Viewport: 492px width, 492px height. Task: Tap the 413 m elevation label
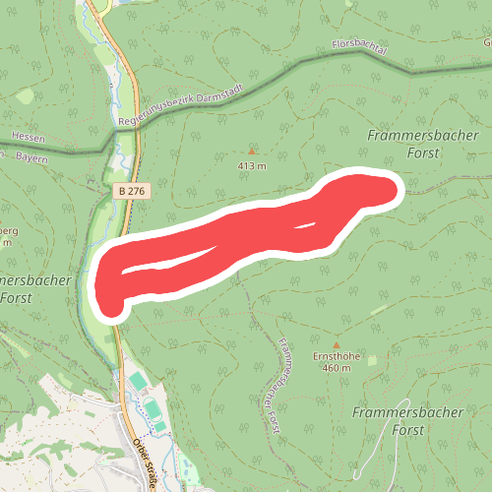(x=252, y=166)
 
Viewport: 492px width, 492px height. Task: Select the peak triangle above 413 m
(x=252, y=152)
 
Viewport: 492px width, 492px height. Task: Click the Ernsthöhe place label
(x=335, y=355)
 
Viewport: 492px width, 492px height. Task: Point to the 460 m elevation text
(x=336, y=368)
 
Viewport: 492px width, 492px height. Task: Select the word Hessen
(x=29, y=137)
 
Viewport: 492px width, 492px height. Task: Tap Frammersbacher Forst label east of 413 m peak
(x=404, y=144)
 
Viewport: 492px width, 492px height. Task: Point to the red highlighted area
(x=246, y=236)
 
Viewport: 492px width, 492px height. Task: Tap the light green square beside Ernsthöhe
(x=372, y=361)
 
